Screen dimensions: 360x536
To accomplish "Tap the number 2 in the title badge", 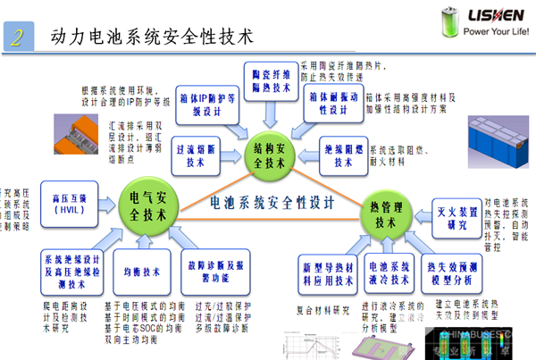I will point(17,37).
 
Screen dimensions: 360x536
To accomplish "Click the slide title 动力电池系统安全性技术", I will point(152,37).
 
